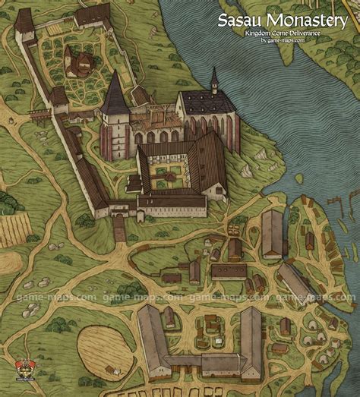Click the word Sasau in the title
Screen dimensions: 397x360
(x=238, y=20)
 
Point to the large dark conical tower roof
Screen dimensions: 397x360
(x=115, y=95)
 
